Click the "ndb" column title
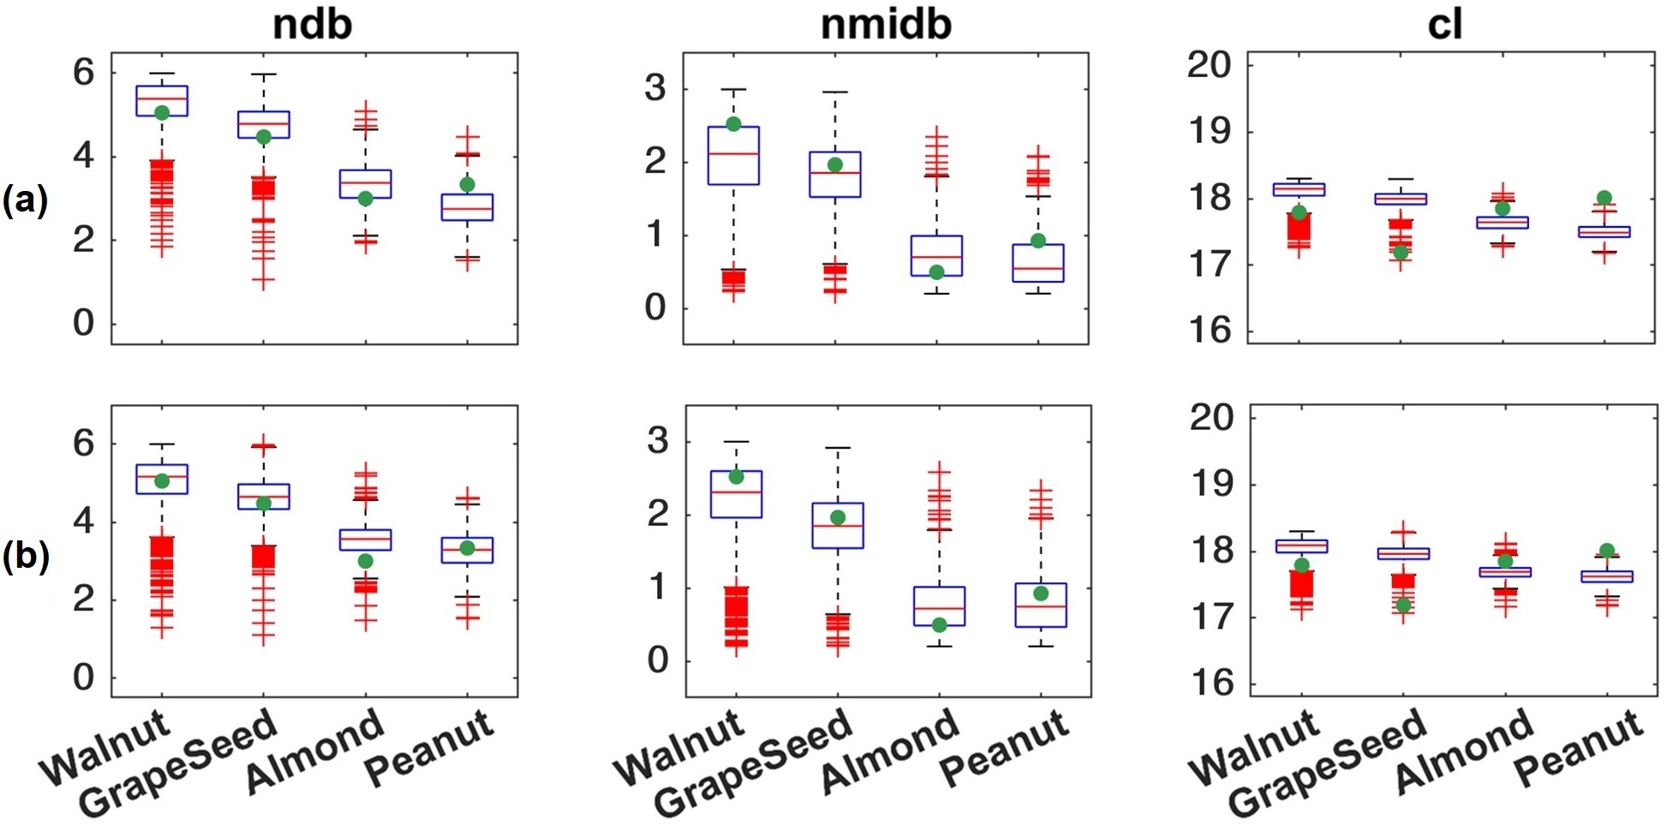tap(312, 24)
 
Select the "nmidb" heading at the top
tap(886, 24)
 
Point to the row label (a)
tap(25, 200)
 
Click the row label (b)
tap(25, 557)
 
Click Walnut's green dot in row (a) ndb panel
tap(162, 112)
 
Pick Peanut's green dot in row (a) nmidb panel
tap(1038, 241)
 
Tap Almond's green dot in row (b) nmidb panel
tap(939, 625)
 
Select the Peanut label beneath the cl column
tap(1579, 748)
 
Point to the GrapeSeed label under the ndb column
tap(179, 762)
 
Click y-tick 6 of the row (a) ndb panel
tap(84, 73)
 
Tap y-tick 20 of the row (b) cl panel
tap(1211, 418)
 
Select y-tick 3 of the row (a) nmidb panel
tap(655, 88)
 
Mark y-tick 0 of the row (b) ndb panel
tap(84, 677)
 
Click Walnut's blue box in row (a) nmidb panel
tap(733, 156)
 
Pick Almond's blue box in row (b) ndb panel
tap(366, 540)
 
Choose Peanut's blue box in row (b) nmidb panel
tap(1041, 605)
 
